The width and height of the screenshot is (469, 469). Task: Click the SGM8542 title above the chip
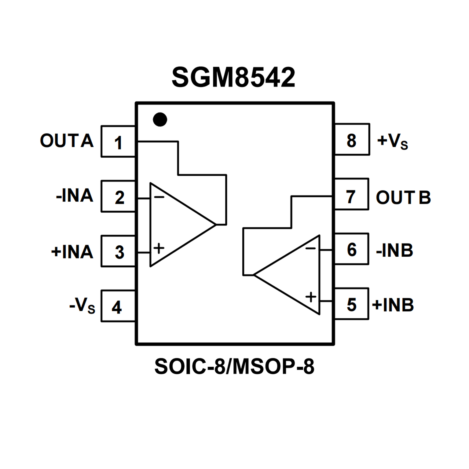coord(233,77)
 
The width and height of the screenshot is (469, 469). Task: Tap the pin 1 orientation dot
coord(160,119)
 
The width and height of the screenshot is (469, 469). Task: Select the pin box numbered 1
coord(118,142)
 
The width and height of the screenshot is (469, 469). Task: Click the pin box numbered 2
coord(118,196)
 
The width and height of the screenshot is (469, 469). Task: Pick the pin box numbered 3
coord(118,251)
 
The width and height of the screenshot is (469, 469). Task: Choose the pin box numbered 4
coord(118,306)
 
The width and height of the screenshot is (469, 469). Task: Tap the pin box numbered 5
coord(352,304)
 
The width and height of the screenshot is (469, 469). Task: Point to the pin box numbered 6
coord(352,249)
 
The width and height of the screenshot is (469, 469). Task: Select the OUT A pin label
coord(67,141)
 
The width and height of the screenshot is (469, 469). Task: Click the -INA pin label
coord(75,196)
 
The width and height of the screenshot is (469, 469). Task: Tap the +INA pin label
coord(72,252)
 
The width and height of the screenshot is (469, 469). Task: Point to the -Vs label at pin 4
coord(82,306)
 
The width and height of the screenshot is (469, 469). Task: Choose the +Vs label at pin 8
coord(393,141)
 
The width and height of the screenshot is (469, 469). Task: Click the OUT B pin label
coord(403,197)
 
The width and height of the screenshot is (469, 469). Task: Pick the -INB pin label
coord(394,251)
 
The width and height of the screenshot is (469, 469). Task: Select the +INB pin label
coord(393,305)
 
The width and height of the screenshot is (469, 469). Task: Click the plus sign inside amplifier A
coord(159,248)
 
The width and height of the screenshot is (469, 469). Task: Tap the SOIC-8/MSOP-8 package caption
coord(234,366)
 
